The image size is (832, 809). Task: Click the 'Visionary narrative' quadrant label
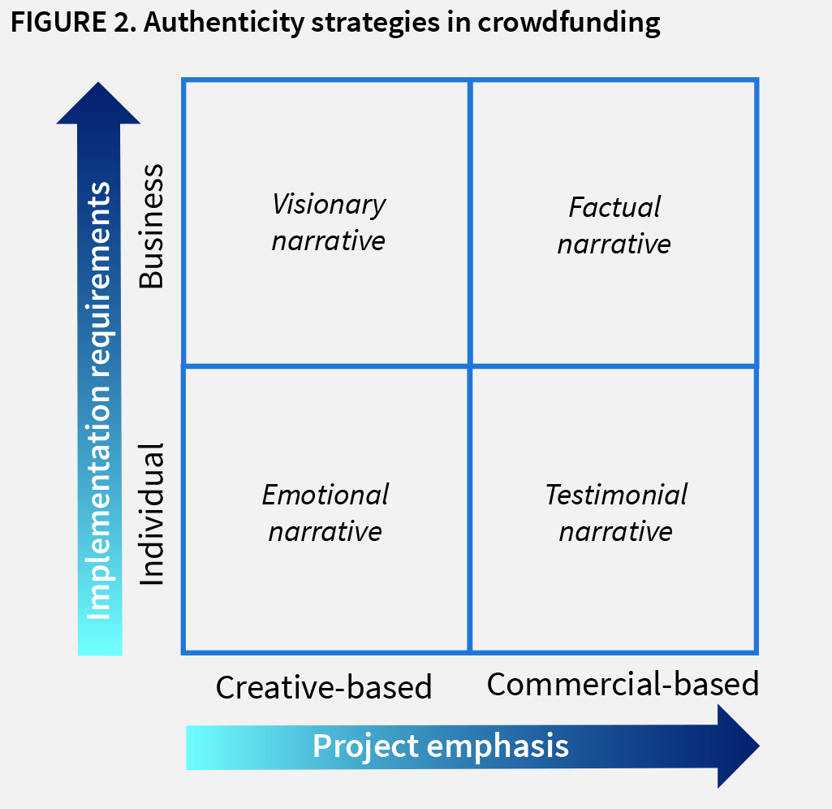point(329,222)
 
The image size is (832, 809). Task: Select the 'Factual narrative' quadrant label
point(614,225)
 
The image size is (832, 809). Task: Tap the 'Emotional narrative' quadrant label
point(325,513)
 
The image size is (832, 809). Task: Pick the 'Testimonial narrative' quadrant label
point(616,513)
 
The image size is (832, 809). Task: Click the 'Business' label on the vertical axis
point(152,227)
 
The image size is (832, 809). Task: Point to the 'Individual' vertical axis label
point(152,513)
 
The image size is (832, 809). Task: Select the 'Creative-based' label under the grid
point(324,687)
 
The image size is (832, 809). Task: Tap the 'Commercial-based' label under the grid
point(623,684)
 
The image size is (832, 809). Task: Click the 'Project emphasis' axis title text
point(441,746)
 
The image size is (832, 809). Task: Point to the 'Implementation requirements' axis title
point(99,400)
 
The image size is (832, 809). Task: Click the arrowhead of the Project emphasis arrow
point(737,746)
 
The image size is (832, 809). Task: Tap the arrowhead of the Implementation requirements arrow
point(99,104)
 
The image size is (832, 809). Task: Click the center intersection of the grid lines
point(470,366)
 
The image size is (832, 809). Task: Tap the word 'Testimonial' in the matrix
point(616,495)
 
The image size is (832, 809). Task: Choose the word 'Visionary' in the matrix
point(329,204)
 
